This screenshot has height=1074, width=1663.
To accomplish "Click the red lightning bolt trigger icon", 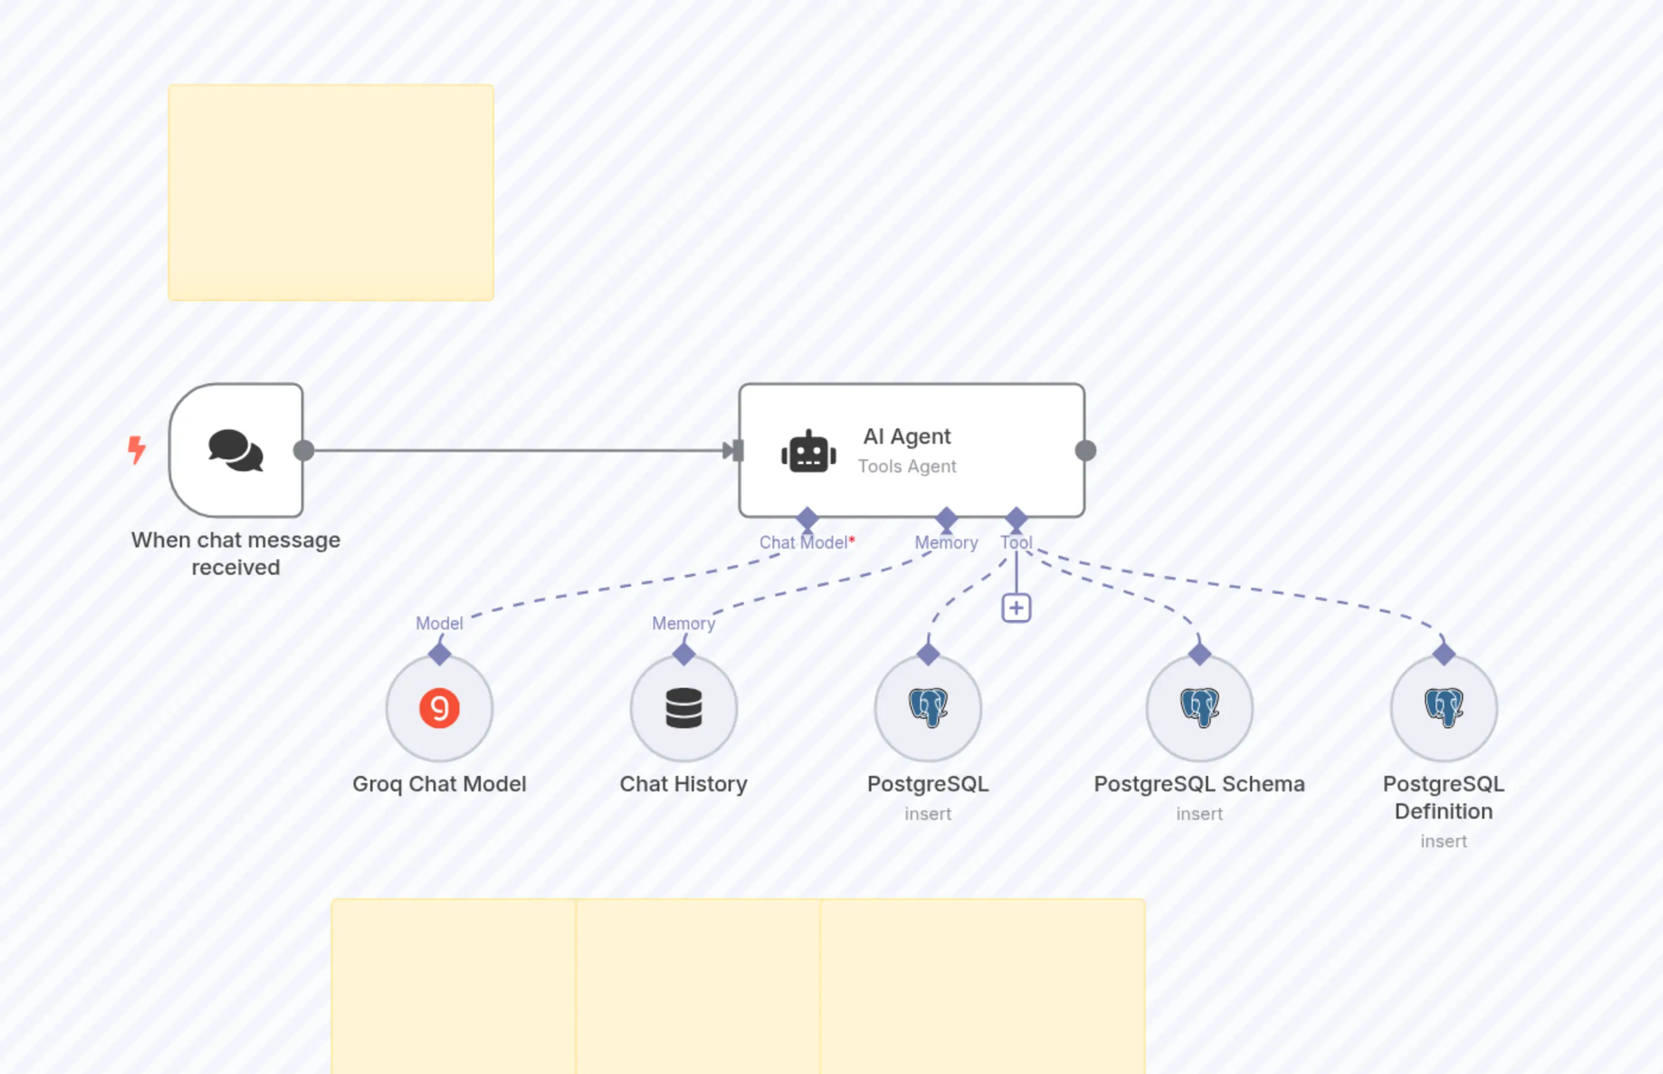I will click(137, 449).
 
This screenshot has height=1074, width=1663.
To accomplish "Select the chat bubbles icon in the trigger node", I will click(236, 450).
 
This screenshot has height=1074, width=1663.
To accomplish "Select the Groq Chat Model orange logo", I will click(439, 708).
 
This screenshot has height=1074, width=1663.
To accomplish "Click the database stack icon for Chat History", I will click(684, 708).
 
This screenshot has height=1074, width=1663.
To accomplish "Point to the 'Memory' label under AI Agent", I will click(946, 543).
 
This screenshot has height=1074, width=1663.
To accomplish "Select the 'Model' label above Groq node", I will click(439, 623).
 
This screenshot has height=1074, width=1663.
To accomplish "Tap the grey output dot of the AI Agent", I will click(1086, 450).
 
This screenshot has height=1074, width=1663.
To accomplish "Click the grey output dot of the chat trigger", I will click(304, 450).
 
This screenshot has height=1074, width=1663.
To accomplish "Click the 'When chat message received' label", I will click(236, 553).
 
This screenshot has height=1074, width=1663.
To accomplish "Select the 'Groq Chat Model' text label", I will click(439, 784).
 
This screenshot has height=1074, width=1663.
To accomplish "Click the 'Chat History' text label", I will click(684, 784).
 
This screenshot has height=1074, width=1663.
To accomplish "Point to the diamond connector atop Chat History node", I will click(684, 653).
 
